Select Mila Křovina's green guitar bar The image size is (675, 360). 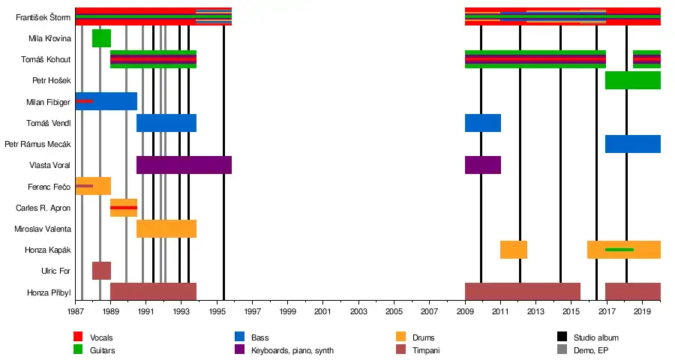click(x=101, y=38)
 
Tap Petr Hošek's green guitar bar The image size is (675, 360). click(x=632, y=80)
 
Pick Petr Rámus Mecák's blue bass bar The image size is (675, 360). click(x=632, y=144)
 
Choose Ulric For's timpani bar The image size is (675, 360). click(x=101, y=271)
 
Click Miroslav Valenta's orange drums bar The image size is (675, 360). click(x=166, y=229)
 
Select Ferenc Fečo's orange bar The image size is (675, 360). click(x=93, y=186)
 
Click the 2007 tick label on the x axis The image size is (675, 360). click(x=429, y=310)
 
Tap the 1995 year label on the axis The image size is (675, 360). click(x=217, y=310)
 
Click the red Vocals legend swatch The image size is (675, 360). click(x=77, y=337)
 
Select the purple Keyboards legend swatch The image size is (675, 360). click(x=240, y=349)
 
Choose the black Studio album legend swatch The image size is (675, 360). click(x=560, y=337)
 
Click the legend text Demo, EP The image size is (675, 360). click(x=592, y=350)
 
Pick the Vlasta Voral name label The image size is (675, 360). click(x=49, y=165)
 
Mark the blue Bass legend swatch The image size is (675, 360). click(x=240, y=337)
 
